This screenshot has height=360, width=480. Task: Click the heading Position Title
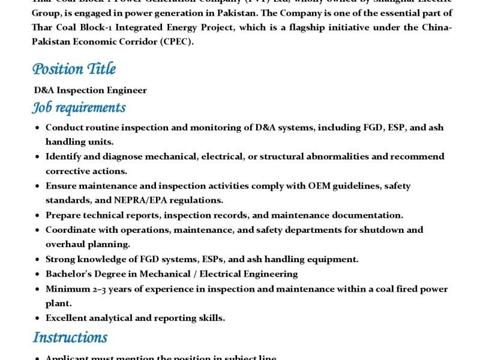click(74, 69)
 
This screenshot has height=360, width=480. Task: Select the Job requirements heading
click(79, 107)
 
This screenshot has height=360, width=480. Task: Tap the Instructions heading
click(70, 337)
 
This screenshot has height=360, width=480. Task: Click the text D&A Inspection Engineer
click(90, 91)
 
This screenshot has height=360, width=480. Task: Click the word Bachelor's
click(70, 274)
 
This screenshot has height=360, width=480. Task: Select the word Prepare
click(63, 215)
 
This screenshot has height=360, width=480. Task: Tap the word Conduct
click(64, 127)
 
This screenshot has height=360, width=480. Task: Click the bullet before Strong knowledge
click(38, 259)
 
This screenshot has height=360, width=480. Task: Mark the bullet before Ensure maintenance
click(38, 186)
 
